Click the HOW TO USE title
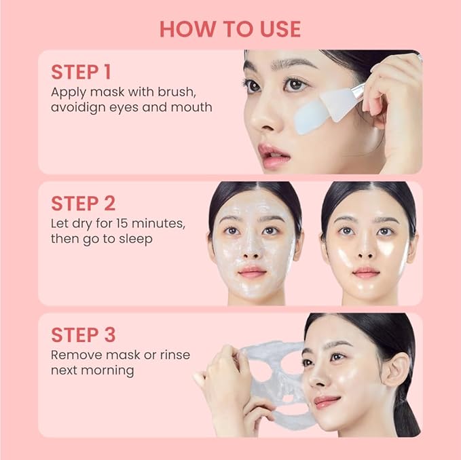(x=230, y=29)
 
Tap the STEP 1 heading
(x=81, y=72)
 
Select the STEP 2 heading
(x=83, y=204)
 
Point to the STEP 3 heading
(x=83, y=334)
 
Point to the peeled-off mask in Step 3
(x=272, y=380)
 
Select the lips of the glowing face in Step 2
(x=366, y=272)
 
